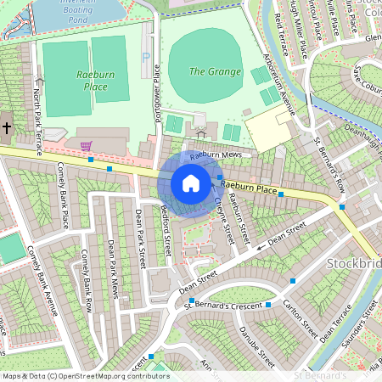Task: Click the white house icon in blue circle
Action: [x=191, y=183]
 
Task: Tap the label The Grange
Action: [x=215, y=71]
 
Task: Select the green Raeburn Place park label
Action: [x=95, y=81]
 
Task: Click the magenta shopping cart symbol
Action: [x=86, y=145]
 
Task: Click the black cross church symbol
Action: [x=6, y=128]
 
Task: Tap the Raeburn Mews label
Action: [x=216, y=156]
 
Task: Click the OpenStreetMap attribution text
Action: [x=85, y=376]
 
